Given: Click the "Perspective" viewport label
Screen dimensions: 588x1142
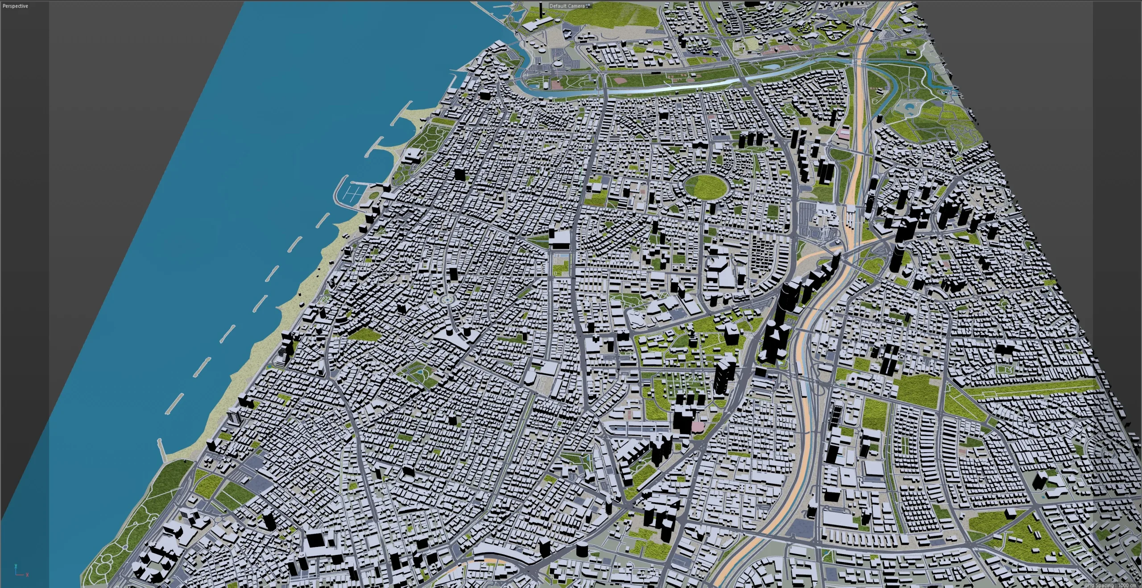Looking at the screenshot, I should (x=15, y=6).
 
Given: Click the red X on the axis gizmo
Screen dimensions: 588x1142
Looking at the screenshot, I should (x=28, y=575).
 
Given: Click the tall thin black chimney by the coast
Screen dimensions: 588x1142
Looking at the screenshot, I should (x=541, y=11).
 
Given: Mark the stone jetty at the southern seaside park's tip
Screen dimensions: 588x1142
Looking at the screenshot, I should (x=163, y=451).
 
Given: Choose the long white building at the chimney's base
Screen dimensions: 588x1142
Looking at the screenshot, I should (x=538, y=26).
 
